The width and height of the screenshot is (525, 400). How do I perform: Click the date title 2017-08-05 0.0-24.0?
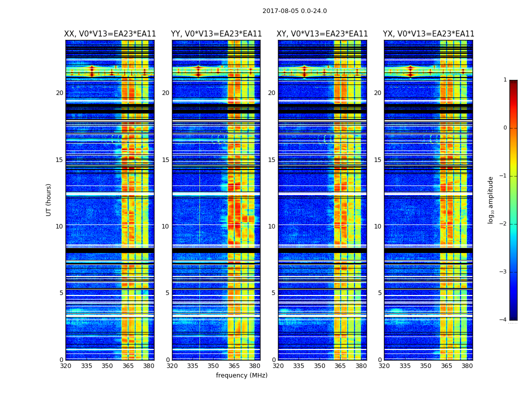294,11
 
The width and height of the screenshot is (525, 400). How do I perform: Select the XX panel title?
110,34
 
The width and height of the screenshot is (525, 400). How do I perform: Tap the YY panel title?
216,34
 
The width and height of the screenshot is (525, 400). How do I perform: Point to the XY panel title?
322,34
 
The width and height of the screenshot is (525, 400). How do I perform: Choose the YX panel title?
428,34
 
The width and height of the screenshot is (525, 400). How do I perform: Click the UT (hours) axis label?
48,199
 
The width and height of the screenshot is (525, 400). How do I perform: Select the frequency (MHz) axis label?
241,375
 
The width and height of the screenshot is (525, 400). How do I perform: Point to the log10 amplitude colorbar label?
491,199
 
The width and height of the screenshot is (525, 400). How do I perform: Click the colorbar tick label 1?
505,80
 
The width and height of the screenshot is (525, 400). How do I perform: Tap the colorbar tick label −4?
503,320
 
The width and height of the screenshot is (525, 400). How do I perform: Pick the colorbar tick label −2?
503,224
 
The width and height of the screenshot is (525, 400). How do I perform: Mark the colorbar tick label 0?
505,128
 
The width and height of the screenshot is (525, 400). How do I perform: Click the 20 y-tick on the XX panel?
59,93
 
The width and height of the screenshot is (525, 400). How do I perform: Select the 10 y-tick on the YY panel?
165,226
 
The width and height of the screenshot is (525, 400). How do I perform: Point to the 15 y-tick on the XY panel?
271,160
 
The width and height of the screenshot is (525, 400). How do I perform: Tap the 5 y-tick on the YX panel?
379,293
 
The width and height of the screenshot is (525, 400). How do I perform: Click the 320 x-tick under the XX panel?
65,366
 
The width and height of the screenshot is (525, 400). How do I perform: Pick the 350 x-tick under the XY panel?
319,366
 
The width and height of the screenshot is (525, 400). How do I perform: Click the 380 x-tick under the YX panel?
467,366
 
